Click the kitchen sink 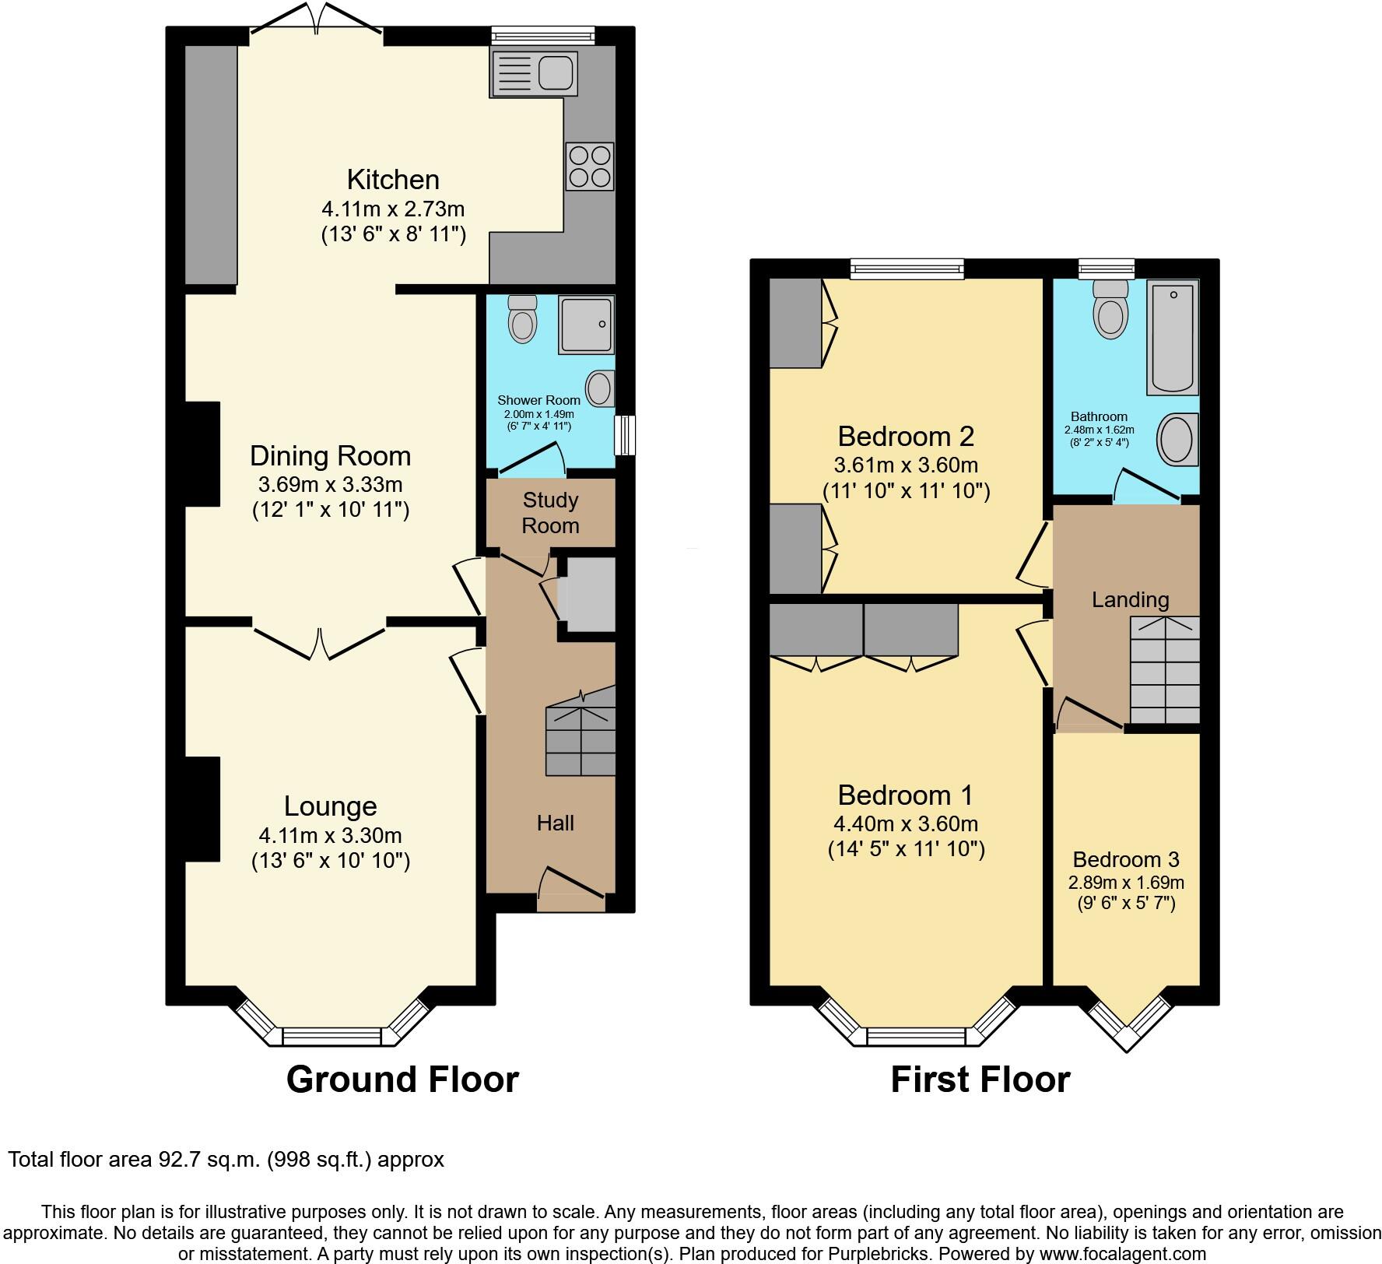(x=534, y=74)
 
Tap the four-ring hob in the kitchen (x=589, y=167)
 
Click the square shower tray (x=588, y=323)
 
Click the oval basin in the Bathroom (x=1177, y=439)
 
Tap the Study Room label (x=550, y=513)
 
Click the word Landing (x=1130, y=599)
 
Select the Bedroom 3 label (x=1125, y=859)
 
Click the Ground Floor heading (x=402, y=1080)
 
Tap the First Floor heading (x=980, y=1080)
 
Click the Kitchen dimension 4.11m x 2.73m (x=393, y=209)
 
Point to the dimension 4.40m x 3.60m (x=906, y=823)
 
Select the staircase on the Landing (x=1164, y=670)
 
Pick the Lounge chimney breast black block (x=202, y=809)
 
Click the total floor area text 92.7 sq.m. (x=226, y=1159)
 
